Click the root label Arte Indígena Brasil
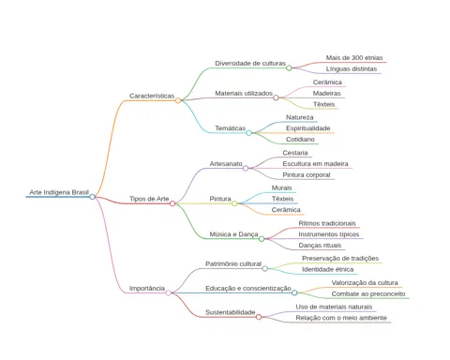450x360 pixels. pyautogui.click(x=59, y=192)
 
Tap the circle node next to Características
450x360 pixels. pyautogui.click(x=178, y=100)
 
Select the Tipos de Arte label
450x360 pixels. pyautogui.click(x=149, y=199)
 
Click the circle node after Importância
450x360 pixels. pyautogui.click(x=169, y=292)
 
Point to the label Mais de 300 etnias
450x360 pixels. pyautogui.click(x=354, y=58)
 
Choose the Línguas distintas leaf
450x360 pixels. pyautogui.click(x=352, y=69)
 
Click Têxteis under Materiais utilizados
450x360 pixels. pyautogui.click(x=324, y=104)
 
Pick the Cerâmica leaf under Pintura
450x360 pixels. pyautogui.click(x=286, y=210)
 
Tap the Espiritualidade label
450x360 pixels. pyautogui.click(x=308, y=128)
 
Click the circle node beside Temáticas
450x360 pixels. pyautogui.click(x=248, y=133)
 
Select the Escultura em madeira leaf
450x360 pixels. pyautogui.click(x=315, y=164)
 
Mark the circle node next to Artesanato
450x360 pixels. pyautogui.click(x=246, y=169)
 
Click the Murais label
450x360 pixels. pyautogui.click(x=281, y=187)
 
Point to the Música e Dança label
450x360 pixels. pyautogui.click(x=233, y=234)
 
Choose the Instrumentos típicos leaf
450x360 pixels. pyautogui.click(x=329, y=234)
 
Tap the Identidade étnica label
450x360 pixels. pyautogui.click(x=328, y=269)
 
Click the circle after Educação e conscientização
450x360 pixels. pyautogui.click(x=294, y=292)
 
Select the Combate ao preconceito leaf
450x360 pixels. pyautogui.click(x=368, y=294)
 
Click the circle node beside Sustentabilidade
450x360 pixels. pyautogui.click(x=259, y=317)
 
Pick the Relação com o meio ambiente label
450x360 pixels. pyautogui.click(x=341, y=318)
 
